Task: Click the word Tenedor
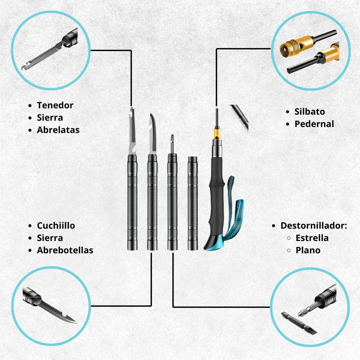[x=55, y=105]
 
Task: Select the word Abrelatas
[x=58, y=130]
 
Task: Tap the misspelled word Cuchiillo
[x=56, y=225]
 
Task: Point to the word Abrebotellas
[x=65, y=250]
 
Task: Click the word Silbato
[x=310, y=112]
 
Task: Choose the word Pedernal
[x=314, y=124]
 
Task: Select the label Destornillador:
[x=314, y=225]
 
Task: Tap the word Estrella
[x=312, y=238]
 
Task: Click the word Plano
[x=308, y=250]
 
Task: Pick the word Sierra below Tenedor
[x=50, y=118]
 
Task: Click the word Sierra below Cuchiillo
[x=50, y=238]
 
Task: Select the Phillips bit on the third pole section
[x=172, y=144]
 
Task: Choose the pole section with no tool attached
[x=192, y=203]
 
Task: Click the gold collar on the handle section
[x=217, y=134]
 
